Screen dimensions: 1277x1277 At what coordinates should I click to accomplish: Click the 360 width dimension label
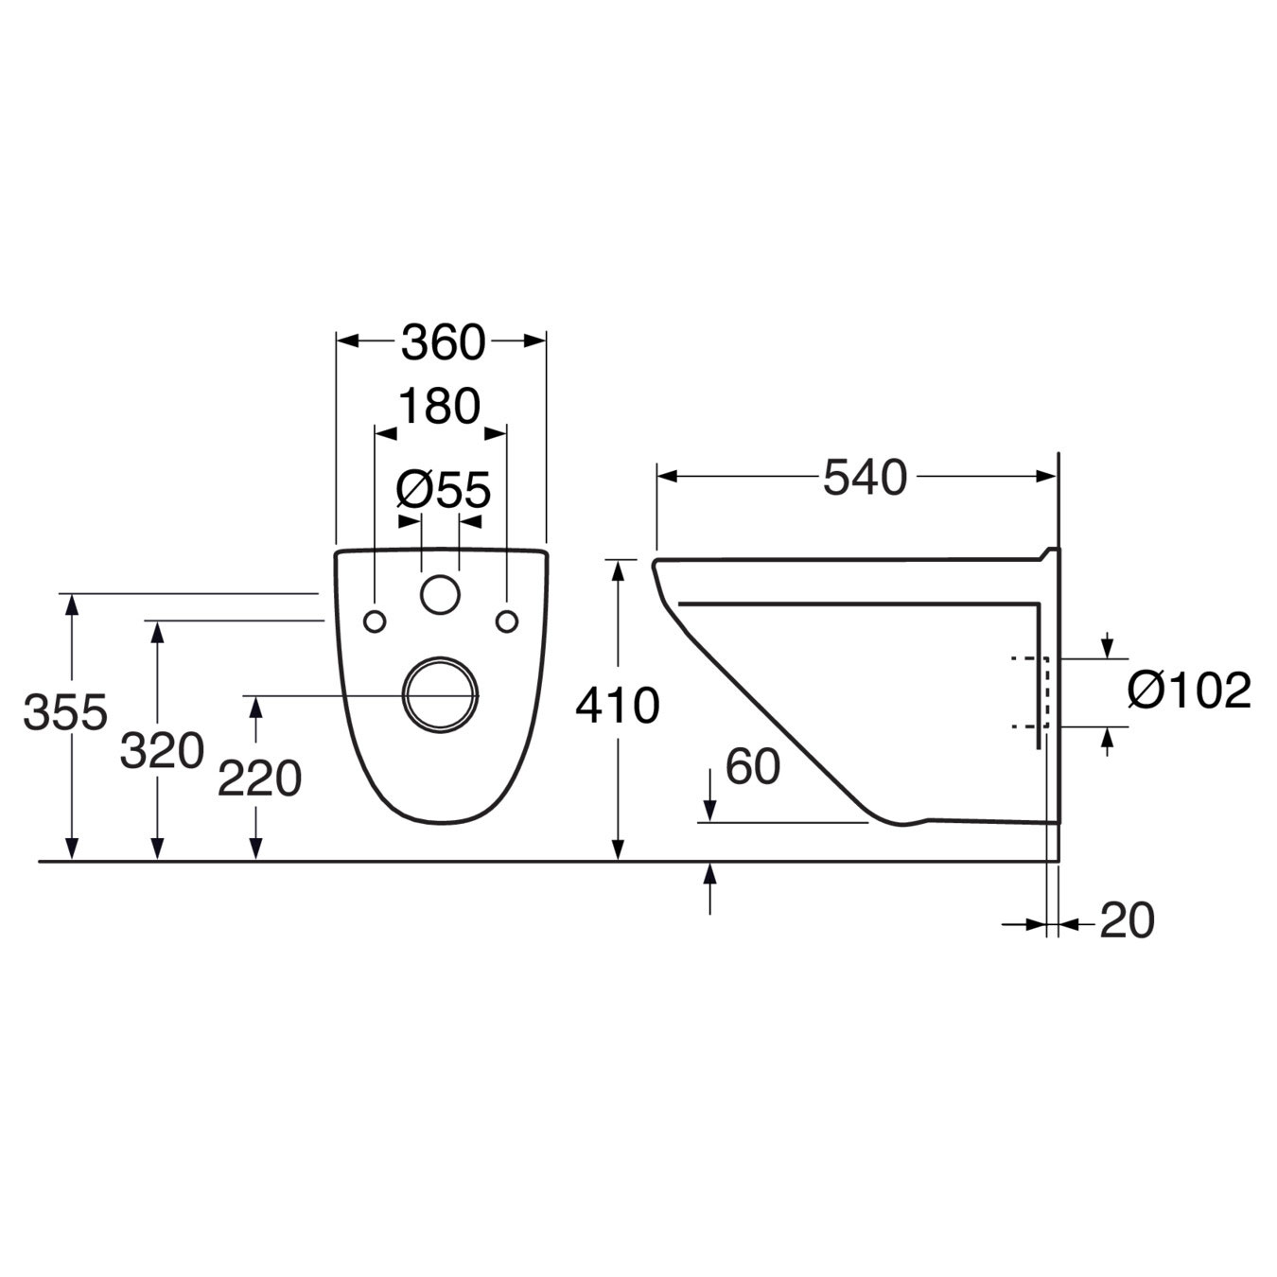pyautogui.click(x=443, y=342)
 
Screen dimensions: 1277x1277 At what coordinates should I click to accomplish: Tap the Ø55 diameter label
pyautogui.click(x=444, y=490)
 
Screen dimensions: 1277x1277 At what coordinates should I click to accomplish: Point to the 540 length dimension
pyautogui.click(x=865, y=477)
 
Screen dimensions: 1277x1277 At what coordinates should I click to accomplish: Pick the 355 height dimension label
pyautogui.click(x=65, y=711)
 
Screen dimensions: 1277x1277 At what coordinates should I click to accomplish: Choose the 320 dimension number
pyautogui.click(x=162, y=751)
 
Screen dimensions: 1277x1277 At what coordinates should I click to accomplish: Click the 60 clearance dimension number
pyautogui.click(x=753, y=767)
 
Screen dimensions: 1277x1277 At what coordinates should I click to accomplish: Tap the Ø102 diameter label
pyautogui.click(x=1189, y=691)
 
